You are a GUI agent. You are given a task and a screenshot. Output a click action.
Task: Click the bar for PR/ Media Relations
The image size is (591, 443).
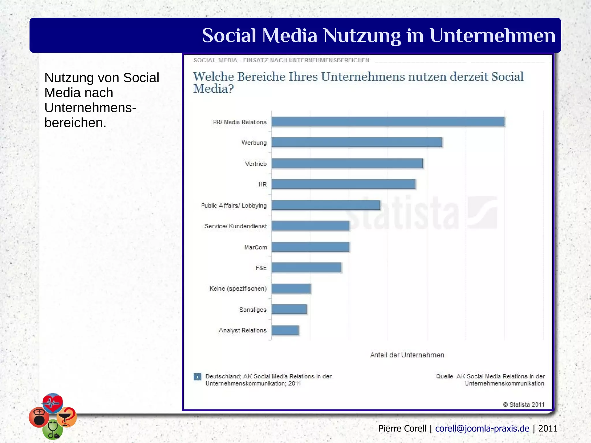pos(388,122)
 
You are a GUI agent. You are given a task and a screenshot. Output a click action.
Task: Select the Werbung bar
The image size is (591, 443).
pos(357,142)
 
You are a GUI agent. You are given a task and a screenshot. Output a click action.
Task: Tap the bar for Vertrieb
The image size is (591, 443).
pos(347,163)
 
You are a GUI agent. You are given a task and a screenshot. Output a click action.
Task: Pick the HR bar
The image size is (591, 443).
pos(343,184)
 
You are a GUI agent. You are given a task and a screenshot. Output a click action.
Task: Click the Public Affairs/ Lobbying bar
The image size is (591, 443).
pos(326,205)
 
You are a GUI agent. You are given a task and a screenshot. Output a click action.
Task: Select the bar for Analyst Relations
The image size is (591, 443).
pos(285,330)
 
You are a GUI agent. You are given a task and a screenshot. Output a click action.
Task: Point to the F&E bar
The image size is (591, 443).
pos(306,268)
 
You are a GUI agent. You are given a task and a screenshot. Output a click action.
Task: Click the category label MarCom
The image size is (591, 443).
pos(255,247)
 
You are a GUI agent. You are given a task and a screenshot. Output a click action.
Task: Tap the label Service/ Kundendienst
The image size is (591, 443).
pos(235,226)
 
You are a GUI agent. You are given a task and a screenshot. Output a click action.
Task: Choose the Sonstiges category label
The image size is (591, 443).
pos(253,310)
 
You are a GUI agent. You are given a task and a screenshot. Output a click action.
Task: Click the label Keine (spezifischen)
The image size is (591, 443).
pos(238,289)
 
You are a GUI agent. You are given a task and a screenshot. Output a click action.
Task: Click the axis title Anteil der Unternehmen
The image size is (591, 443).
pos(407,355)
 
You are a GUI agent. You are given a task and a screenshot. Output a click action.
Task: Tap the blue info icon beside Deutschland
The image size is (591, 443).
pos(197,377)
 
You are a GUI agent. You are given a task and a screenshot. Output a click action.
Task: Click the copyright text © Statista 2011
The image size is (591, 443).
pos(523,404)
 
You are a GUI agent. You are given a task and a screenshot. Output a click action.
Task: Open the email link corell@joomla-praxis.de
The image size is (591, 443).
pos(482,429)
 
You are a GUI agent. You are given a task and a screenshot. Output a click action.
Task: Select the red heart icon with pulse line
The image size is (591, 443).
pos(53,402)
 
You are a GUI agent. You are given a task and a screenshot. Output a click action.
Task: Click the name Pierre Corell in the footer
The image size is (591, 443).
pos(402,429)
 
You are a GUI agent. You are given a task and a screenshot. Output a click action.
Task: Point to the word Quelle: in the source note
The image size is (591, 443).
pos(445,376)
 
